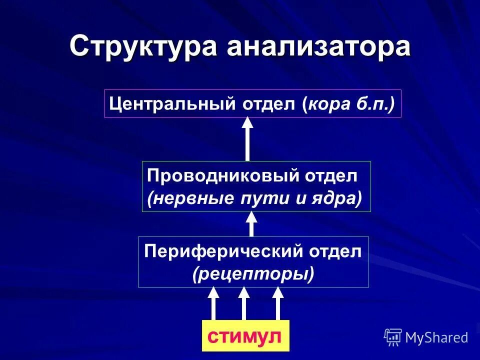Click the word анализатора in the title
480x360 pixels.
(319, 47)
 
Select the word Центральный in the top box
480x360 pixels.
(172, 104)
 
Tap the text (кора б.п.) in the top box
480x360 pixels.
(348, 104)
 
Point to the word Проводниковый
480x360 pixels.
(210, 176)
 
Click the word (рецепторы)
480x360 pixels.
(253, 274)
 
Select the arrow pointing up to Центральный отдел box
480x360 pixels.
(247, 138)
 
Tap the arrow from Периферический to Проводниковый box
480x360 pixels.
(251, 224)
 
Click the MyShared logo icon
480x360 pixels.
(392, 337)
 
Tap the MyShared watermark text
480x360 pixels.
(436, 338)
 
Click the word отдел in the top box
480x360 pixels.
(269, 104)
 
